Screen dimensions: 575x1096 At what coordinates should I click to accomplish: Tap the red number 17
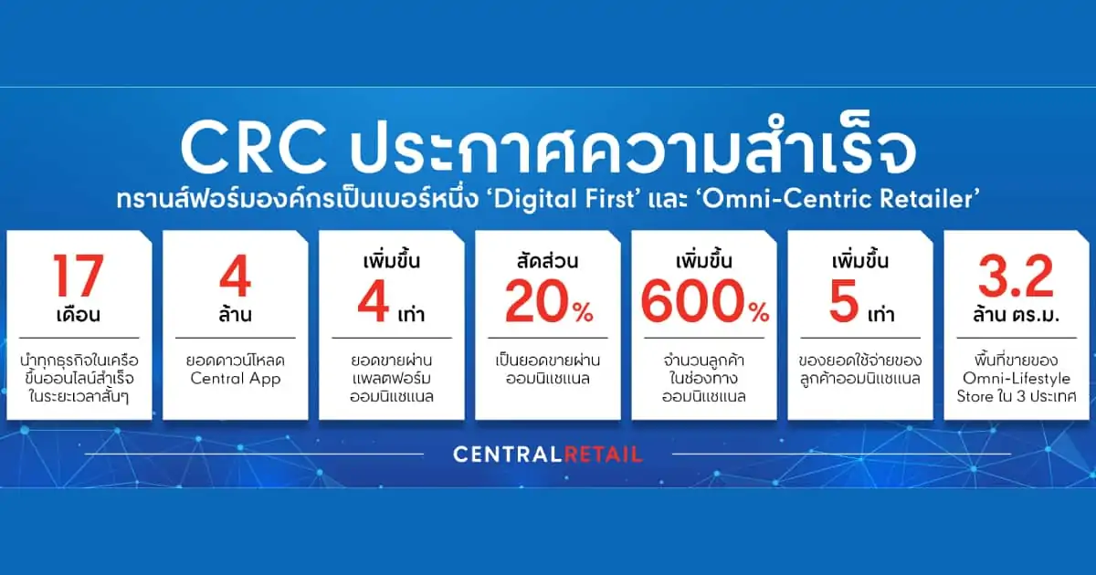pyautogui.click(x=78, y=277)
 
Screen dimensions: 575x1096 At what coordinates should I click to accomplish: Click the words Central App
pyautogui.click(x=235, y=378)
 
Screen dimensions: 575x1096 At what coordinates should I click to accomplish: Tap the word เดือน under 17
pyautogui.click(x=78, y=316)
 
